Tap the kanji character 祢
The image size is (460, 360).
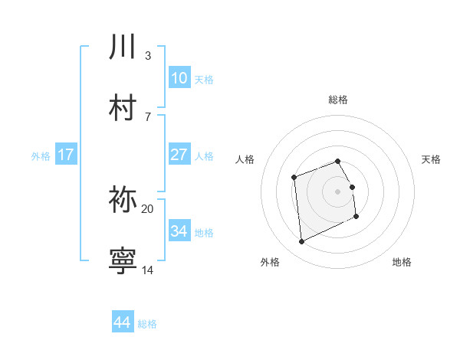[x=123, y=200]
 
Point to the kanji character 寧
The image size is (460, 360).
[x=123, y=260]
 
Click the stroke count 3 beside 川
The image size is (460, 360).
[x=148, y=56]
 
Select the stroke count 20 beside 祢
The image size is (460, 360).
[x=148, y=208]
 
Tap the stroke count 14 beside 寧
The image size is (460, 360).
[x=148, y=270]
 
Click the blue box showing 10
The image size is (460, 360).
[x=179, y=78]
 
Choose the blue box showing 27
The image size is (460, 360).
[x=179, y=155]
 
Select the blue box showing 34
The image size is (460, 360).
[x=179, y=231]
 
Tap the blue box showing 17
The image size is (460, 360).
[x=65, y=155]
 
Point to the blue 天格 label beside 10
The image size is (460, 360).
[x=204, y=79]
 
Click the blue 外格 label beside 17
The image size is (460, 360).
[x=41, y=155]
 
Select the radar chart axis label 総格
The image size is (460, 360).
[x=338, y=100]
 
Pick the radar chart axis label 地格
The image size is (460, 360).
[x=402, y=262]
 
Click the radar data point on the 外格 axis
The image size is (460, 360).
[x=302, y=242]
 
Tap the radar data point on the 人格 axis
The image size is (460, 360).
[x=294, y=178]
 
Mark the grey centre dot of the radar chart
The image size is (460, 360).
[x=338, y=191]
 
